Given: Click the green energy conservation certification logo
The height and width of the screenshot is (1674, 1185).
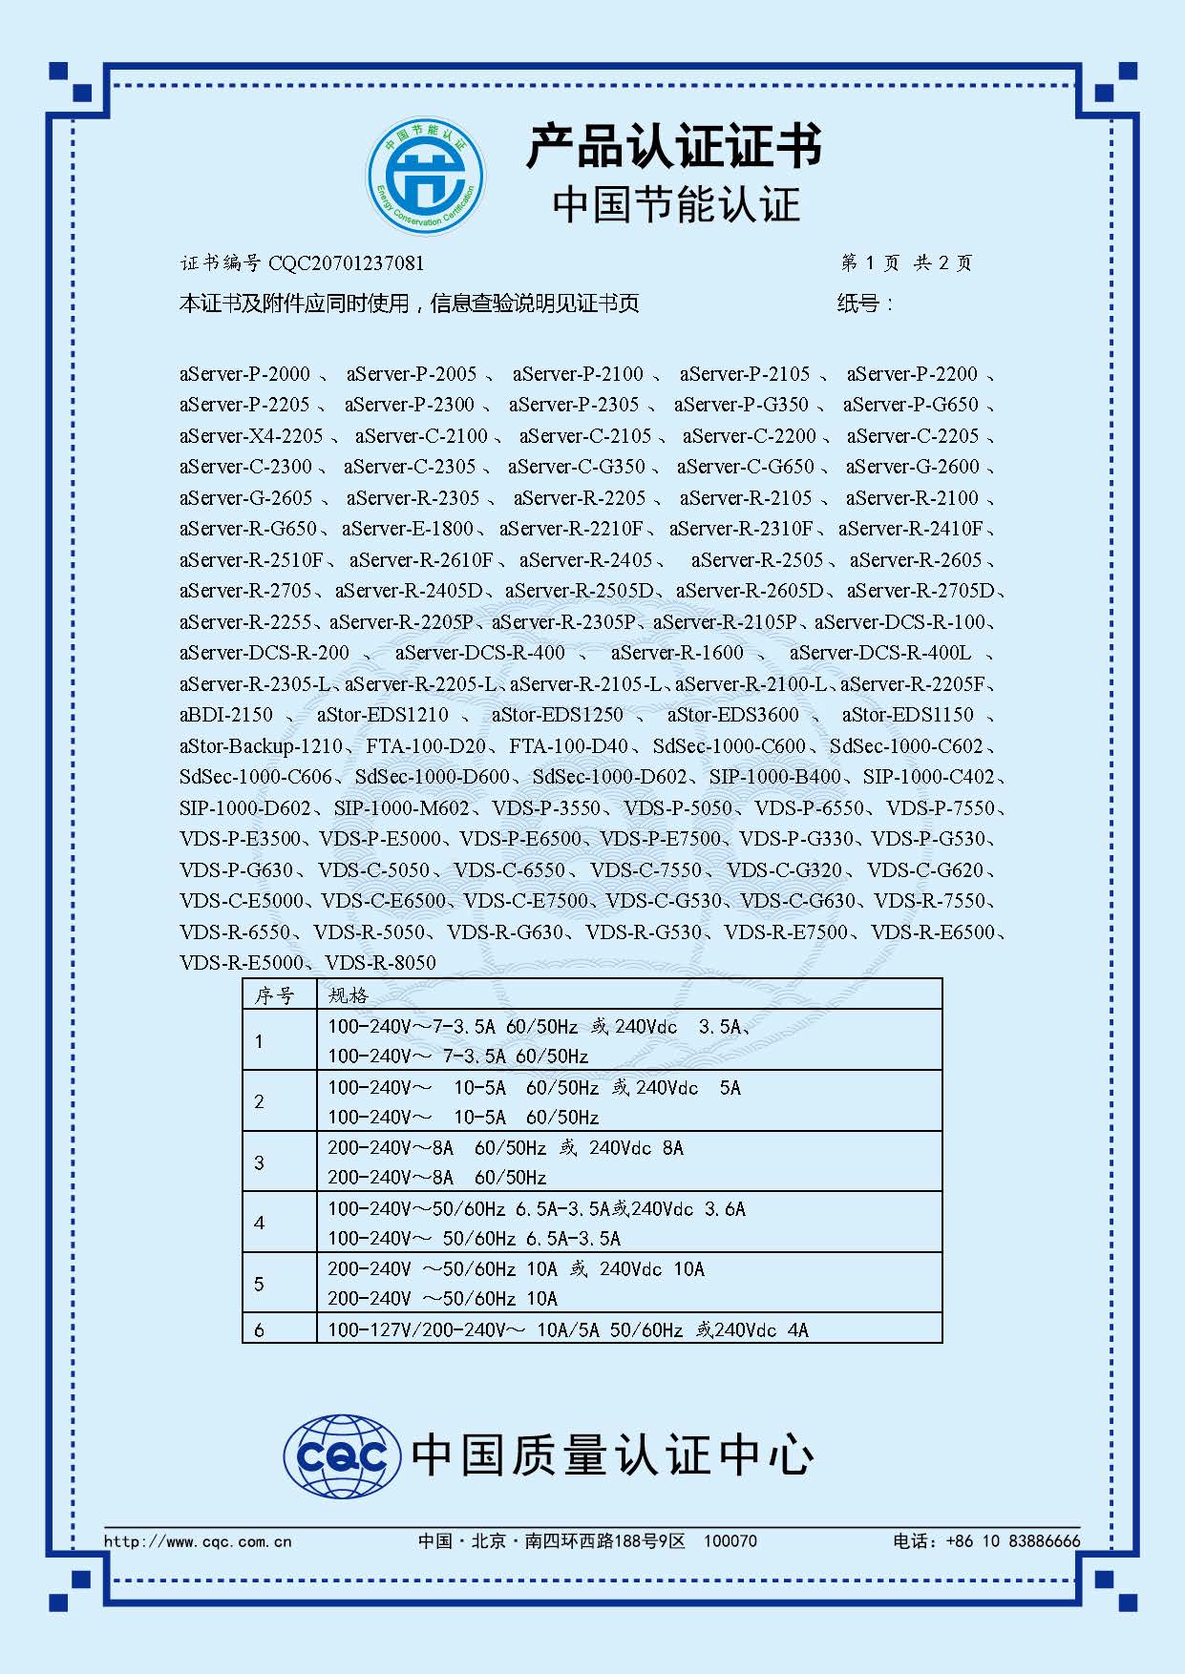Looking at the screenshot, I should click(x=426, y=176).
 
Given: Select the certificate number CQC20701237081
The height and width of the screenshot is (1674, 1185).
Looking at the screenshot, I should click(x=346, y=263).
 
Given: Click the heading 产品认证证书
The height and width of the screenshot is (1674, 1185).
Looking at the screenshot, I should click(x=673, y=147).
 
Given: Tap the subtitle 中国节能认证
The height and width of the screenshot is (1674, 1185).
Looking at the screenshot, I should click(x=675, y=205).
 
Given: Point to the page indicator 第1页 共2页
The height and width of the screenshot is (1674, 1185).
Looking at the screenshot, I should click(x=906, y=263).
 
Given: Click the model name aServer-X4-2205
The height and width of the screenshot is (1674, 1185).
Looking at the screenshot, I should click(x=251, y=436).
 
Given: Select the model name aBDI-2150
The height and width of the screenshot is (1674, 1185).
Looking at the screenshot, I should click(x=225, y=715).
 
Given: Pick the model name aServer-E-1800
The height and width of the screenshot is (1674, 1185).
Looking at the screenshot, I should click(x=408, y=529).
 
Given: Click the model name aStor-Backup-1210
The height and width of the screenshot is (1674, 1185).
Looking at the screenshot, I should click(x=261, y=746).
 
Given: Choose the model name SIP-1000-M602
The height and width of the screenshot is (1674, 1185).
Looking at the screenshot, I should click(x=401, y=808).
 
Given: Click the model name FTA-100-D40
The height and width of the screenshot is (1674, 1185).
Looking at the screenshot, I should click(x=568, y=746).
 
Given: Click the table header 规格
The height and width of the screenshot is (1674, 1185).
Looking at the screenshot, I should click(x=348, y=995).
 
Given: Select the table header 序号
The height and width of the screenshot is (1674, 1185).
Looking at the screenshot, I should click(x=274, y=995).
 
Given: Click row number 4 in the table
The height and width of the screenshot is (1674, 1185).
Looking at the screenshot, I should click(x=259, y=1223).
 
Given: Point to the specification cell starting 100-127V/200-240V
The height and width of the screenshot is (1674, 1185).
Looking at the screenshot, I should click(x=567, y=1329).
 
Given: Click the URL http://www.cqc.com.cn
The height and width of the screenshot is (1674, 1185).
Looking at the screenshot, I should click(x=198, y=1541).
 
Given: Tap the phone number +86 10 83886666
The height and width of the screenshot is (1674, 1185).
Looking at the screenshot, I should click(x=1012, y=1541).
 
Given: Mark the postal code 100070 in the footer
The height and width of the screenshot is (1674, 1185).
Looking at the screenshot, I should click(x=730, y=1541).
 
